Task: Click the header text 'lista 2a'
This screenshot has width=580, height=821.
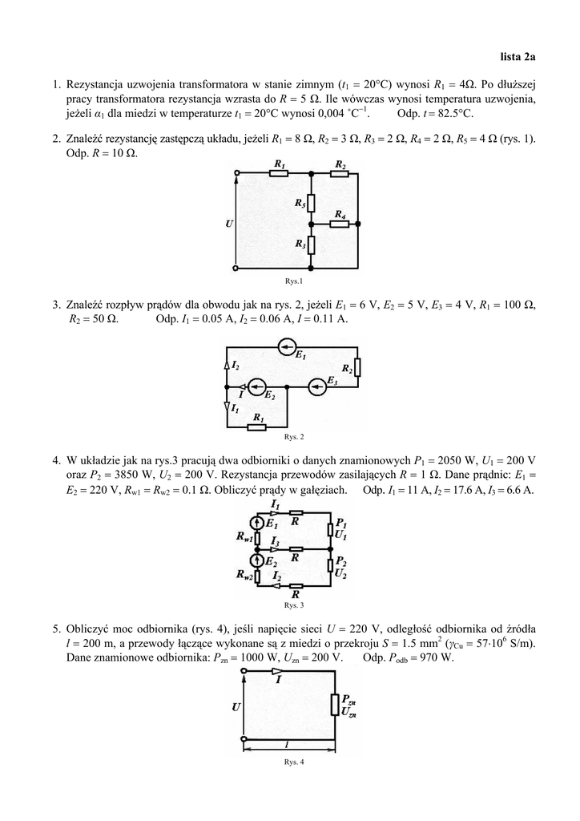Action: pos(518,57)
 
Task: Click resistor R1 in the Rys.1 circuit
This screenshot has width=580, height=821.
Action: pos(280,172)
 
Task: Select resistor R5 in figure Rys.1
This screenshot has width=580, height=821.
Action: pos(311,202)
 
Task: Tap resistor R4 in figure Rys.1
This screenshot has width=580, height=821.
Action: pos(340,224)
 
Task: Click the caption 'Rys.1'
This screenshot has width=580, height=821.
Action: pos(294,281)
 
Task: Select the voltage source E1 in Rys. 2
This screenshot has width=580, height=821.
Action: pos(286,346)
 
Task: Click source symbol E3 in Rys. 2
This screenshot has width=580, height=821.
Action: pos(317,387)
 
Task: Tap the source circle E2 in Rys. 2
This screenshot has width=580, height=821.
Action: pos(256,387)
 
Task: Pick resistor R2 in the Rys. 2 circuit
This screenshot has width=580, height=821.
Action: pos(357,367)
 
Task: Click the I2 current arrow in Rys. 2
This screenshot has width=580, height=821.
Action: pos(227,365)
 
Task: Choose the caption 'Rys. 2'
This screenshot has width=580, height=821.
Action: pos(294,437)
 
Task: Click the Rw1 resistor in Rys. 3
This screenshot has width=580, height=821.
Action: pos(257,538)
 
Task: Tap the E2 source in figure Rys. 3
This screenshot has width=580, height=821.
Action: pos(257,560)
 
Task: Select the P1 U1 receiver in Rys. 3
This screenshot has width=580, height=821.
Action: pos(331,529)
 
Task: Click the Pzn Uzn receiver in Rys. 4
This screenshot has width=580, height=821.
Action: pos(335,704)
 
